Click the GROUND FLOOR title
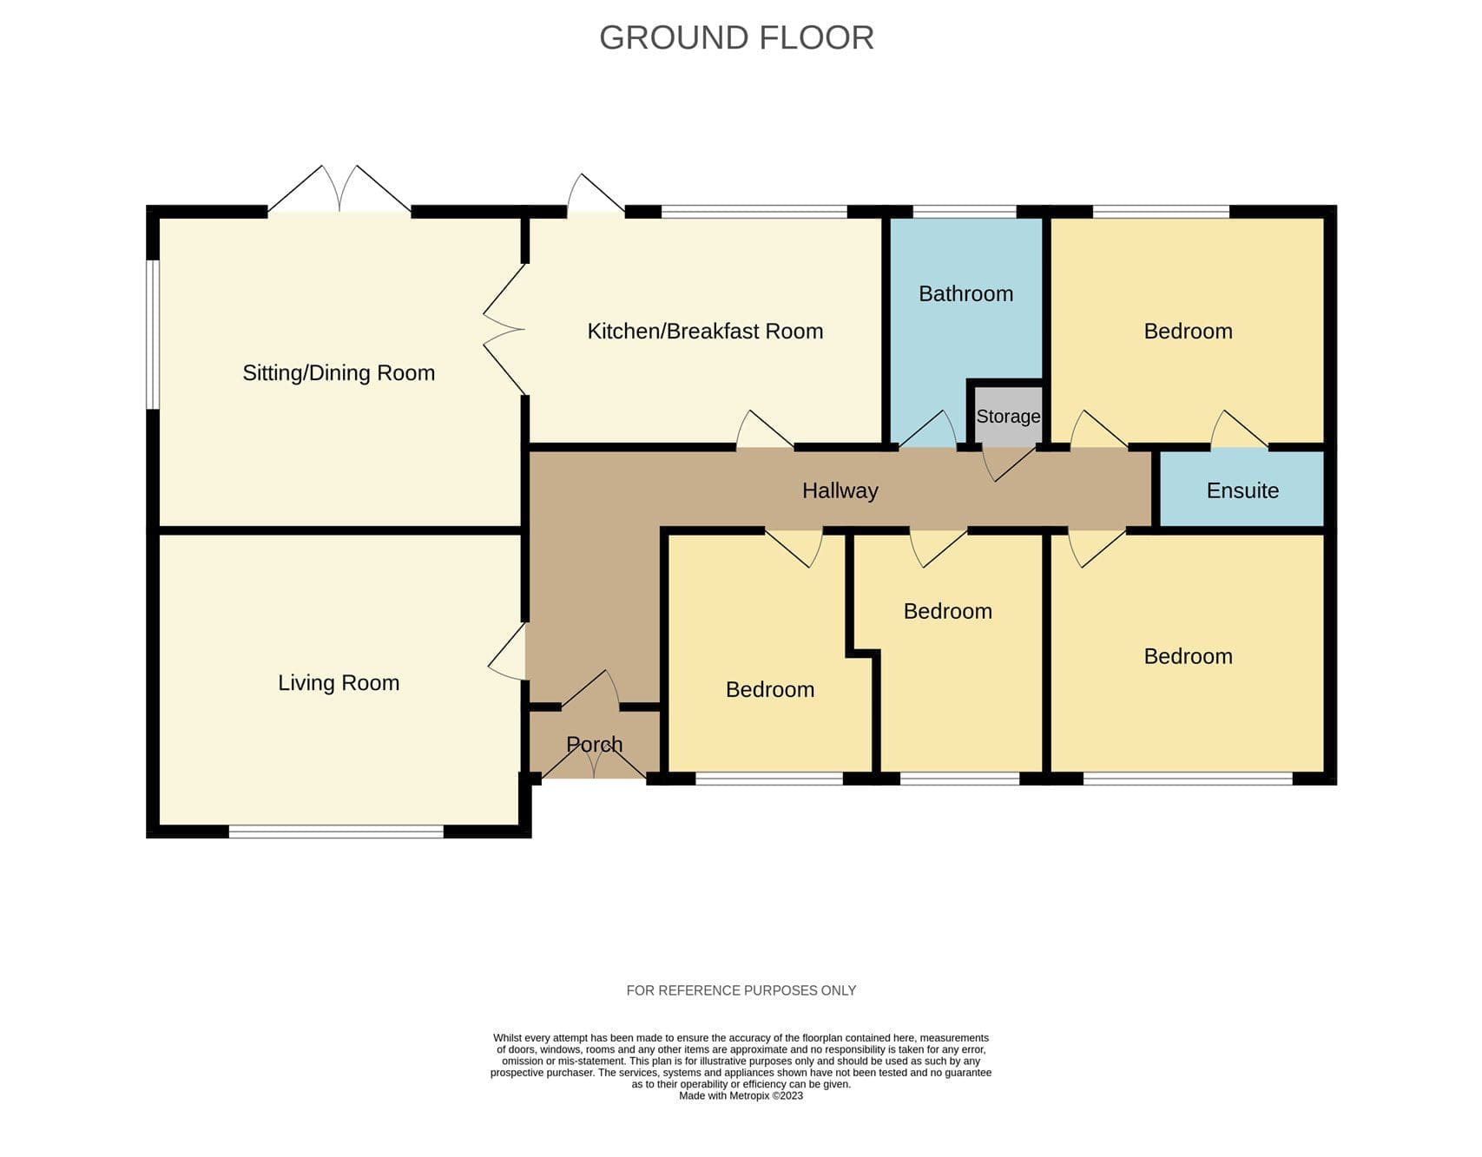pyautogui.click(x=736, y=37)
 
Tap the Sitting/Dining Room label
pyautogui.click(x=339, y=372)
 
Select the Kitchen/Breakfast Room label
pyautogui.click(x=705, y=331)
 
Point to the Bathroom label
pyautogui.click(x=965, y=293)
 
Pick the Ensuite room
pyautogui.click(x=1242, y=490)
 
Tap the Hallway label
pyautogui.click(x=840, y=490)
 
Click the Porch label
pyautogui.click(x=594, y=744)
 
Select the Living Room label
pyautogui.click(x=339, y=682)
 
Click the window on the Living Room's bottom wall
pyautogui.click(x=336, y=832)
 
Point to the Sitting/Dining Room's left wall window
pyautogui.click(x=152, y=334)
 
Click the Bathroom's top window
pyautogui.click(x=964, y=211)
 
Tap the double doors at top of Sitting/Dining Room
pyautogui.click(x=339, y=189)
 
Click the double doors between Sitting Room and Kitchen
pyautogui.click(x=505, y=330)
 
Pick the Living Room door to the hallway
pyautogui.click(x=508, y=652)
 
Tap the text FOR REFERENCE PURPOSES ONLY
pyautogui.click(x=741, y=990)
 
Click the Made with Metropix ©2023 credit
pyautogui.click(x=741, y=1095)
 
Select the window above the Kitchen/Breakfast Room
pyautogui.click(x=754, y=211)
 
